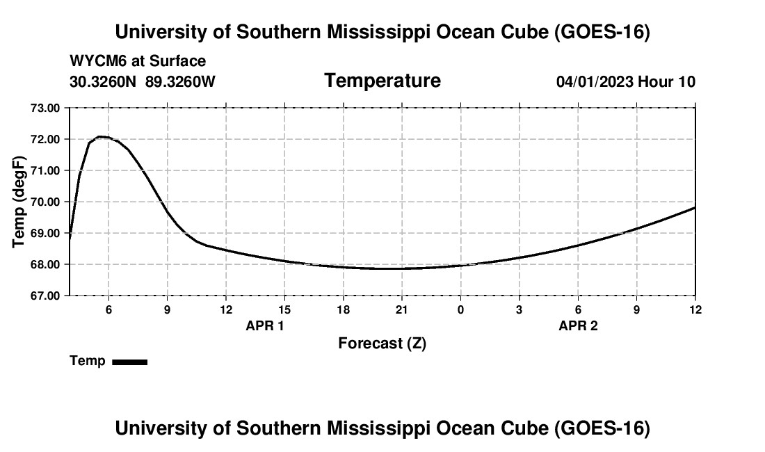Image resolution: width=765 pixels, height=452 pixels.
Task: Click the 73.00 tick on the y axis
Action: click(45, 108)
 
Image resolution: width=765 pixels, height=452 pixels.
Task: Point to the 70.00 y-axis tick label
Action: click(45, 202)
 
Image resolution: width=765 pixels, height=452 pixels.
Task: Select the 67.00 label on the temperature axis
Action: click(45, 296)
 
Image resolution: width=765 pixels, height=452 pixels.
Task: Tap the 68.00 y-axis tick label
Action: click(45, 265)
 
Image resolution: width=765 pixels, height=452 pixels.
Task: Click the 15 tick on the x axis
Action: click(284, 309)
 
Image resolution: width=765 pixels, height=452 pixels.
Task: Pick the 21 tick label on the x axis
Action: click(401, 309)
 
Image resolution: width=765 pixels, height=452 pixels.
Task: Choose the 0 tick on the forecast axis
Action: click(460, 309)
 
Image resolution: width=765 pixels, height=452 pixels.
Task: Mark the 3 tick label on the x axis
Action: click(519, 309)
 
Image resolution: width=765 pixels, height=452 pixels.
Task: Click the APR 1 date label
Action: click(265, 325)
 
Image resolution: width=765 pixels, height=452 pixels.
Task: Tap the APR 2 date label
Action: click(578, 325)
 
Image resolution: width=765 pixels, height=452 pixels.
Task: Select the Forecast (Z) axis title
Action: click(382, 344)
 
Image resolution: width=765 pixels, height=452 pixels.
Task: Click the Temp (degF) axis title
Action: click(19, 202)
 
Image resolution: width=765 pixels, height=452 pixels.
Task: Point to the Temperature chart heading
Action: click(382, 81)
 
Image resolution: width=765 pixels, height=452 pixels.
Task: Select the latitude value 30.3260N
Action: click(103, 81)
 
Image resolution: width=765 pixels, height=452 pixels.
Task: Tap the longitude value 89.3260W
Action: click(181, 81)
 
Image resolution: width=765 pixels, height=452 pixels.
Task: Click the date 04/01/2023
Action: click(595, 81)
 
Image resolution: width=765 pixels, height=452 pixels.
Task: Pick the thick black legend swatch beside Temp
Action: click(130, 362)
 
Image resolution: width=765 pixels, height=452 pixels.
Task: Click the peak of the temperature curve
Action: click(101, 136)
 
